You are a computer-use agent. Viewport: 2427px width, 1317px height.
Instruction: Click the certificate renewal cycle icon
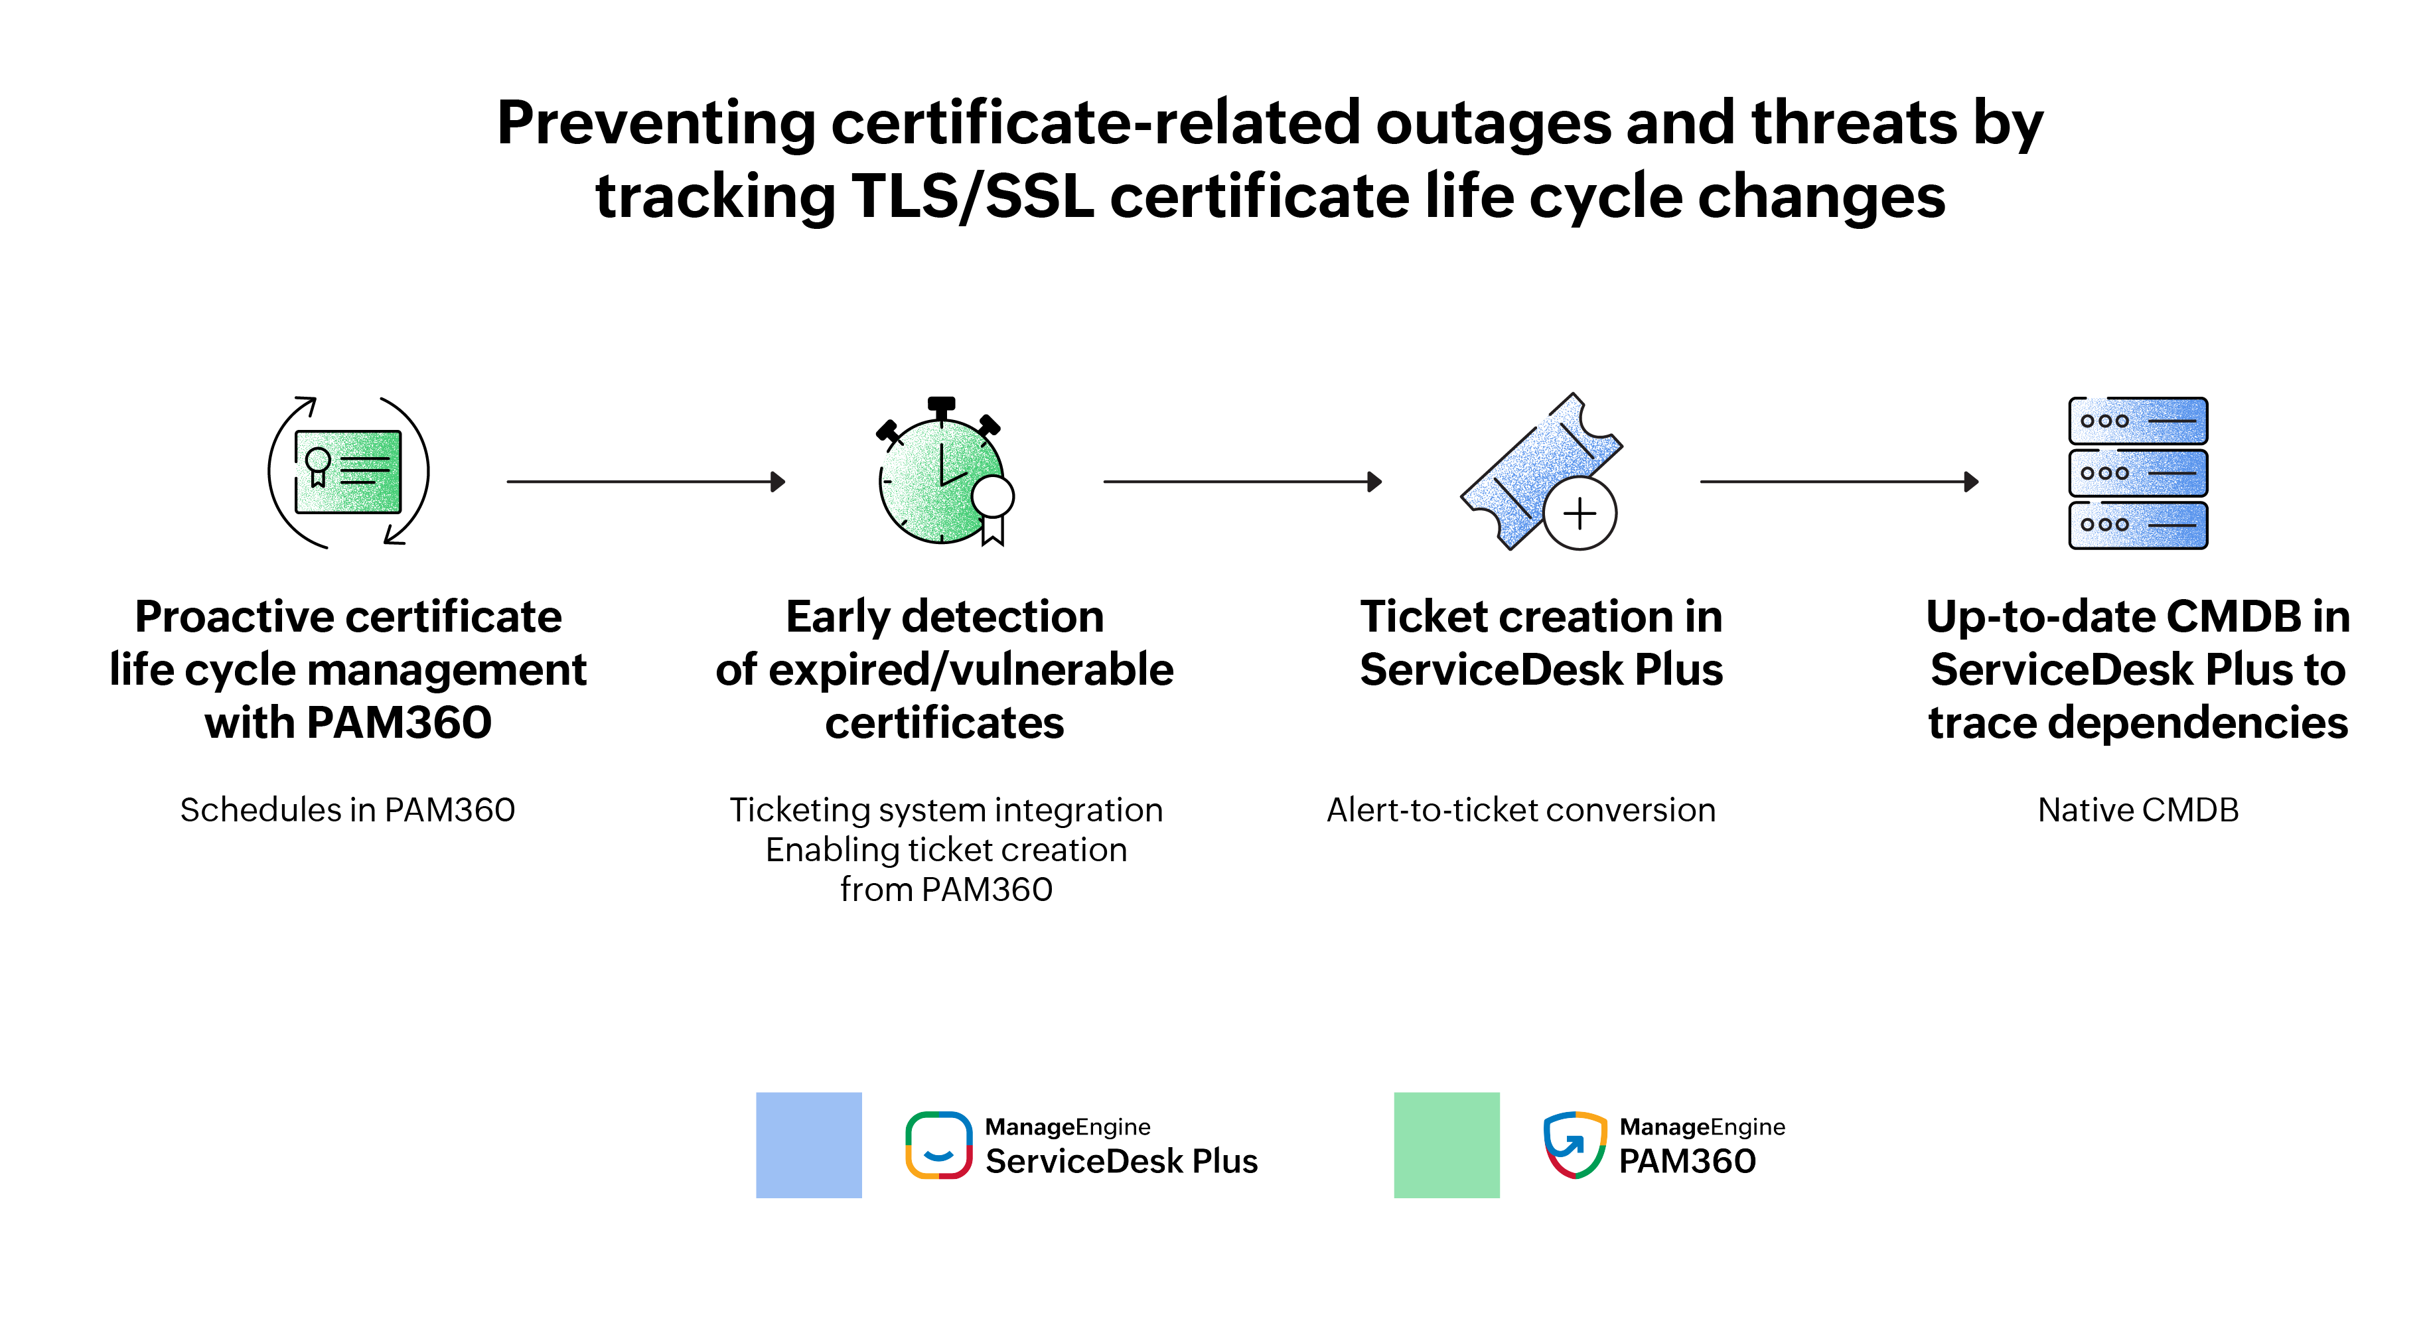click(x=348, y=472)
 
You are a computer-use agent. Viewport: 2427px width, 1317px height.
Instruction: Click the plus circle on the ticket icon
click(x=1580, y=514)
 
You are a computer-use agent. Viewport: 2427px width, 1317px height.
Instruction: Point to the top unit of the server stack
click(x=2138, y=420)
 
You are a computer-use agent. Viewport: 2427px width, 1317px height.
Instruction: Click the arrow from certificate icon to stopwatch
click(x=645, y=482)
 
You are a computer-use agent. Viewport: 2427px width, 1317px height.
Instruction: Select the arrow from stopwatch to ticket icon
click(x=1242, y=482)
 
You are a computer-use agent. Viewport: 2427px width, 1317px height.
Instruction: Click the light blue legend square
click(x=808, y=1144)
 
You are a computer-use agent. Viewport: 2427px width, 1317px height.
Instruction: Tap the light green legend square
click(x=1446, y=1144)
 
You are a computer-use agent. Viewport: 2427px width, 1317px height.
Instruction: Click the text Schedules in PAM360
click(x=348, y=810)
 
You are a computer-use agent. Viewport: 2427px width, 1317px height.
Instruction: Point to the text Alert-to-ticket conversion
click(x=1520, y=810)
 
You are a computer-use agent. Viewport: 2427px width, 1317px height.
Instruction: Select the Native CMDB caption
click(x=2138, y=810)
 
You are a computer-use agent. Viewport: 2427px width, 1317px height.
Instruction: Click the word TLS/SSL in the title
click(x=972, y=197)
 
